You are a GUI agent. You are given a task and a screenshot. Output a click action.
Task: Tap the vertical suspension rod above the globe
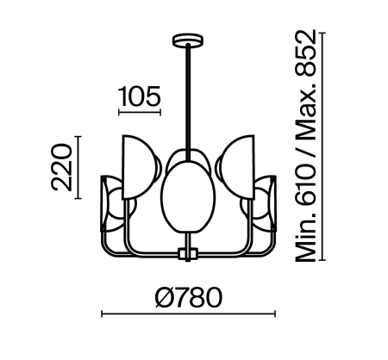click(x=185, y=95)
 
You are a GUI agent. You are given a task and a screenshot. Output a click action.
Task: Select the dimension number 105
click(x=139, y=97)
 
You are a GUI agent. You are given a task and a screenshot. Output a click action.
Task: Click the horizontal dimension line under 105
click(x=139, y=114)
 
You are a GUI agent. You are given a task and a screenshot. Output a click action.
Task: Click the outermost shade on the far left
click(x=110, y=207)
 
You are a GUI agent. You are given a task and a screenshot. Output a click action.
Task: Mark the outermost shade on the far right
click(x=263, y=207)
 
